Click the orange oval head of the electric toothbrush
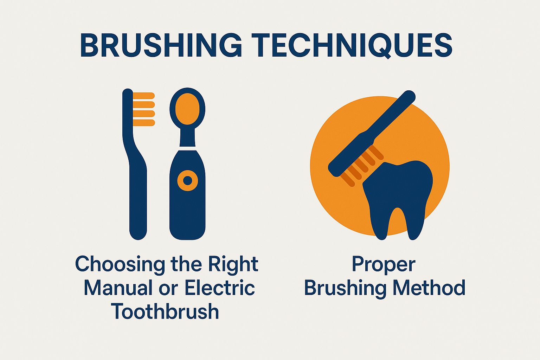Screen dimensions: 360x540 pyautogui.click(x=187, y=108)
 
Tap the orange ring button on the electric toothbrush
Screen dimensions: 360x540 pyautogui.click(x=188, y=181)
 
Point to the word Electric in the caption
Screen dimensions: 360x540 pyautogui.click(x=220, y=288)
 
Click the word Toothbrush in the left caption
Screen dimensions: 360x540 pyautogui.click(x=165, y=311)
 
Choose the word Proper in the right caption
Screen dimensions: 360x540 pyautogui.click(x=384, y=264)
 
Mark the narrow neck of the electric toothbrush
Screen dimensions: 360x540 pyautogui.click(x=187, y=138)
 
